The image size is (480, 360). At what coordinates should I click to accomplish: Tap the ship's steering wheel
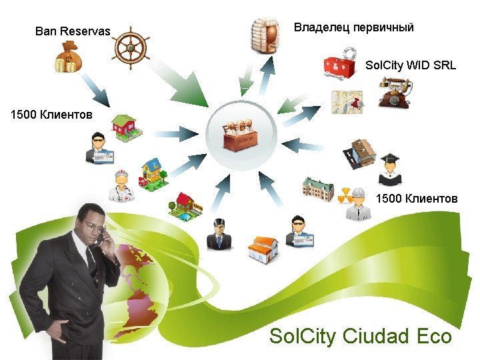132,47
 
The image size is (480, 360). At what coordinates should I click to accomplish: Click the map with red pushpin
348,102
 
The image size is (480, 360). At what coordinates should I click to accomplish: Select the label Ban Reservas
72,31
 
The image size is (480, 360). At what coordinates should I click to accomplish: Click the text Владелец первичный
354,28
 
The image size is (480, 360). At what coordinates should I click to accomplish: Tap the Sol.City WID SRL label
411,65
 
